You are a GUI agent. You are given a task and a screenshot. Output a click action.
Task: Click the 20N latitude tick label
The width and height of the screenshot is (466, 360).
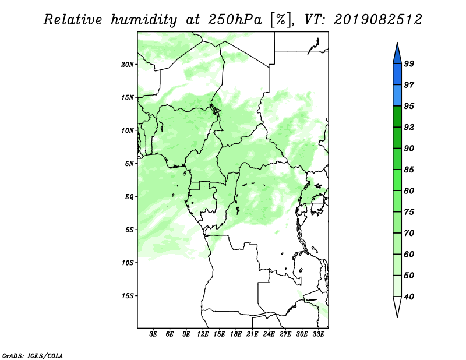click(x=128, y=65)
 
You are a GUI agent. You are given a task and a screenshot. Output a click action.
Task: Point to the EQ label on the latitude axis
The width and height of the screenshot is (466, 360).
click(x=129, y=197)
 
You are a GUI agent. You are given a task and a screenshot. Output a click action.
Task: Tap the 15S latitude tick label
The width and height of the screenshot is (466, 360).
click(x=128, y=296)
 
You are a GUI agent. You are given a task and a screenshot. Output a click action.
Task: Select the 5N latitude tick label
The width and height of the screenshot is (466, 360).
click(x=129, y=164)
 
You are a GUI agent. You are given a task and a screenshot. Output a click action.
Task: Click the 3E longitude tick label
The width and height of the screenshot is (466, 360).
click(x=153, y=334)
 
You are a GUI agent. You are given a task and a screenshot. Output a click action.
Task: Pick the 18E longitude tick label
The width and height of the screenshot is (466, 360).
click(x=236, y=334)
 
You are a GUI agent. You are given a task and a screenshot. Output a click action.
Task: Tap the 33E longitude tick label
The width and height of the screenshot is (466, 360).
click(x=318, y=334)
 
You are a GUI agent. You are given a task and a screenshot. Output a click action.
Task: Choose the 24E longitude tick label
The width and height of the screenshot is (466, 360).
click(x=269, y=334)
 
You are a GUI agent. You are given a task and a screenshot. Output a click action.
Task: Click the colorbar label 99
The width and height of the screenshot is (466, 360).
click(x=409, y=63)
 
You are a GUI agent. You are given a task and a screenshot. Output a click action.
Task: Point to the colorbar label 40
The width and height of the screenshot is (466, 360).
click(x=409, y=297)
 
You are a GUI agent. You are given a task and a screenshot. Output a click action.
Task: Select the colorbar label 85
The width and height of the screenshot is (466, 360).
click(x=409, y=170)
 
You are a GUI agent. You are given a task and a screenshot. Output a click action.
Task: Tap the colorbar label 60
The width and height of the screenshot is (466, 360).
click(x=409, y=255)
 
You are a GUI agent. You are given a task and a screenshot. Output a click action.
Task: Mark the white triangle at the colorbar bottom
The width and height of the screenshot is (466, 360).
click(x=397, y=305)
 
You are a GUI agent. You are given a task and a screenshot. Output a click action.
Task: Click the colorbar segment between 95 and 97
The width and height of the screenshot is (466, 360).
click(x=397, y=96)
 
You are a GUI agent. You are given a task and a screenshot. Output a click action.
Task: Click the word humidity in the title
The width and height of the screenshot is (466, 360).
click(x=143, y=20)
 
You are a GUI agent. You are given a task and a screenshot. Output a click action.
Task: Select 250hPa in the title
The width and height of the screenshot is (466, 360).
click(x=235, y=20)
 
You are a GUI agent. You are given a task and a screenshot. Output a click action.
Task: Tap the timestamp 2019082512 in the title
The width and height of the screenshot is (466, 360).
click(x=378, y=20)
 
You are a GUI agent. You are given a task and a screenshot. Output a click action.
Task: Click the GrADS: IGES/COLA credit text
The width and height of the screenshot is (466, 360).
click(x=33, y=355)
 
